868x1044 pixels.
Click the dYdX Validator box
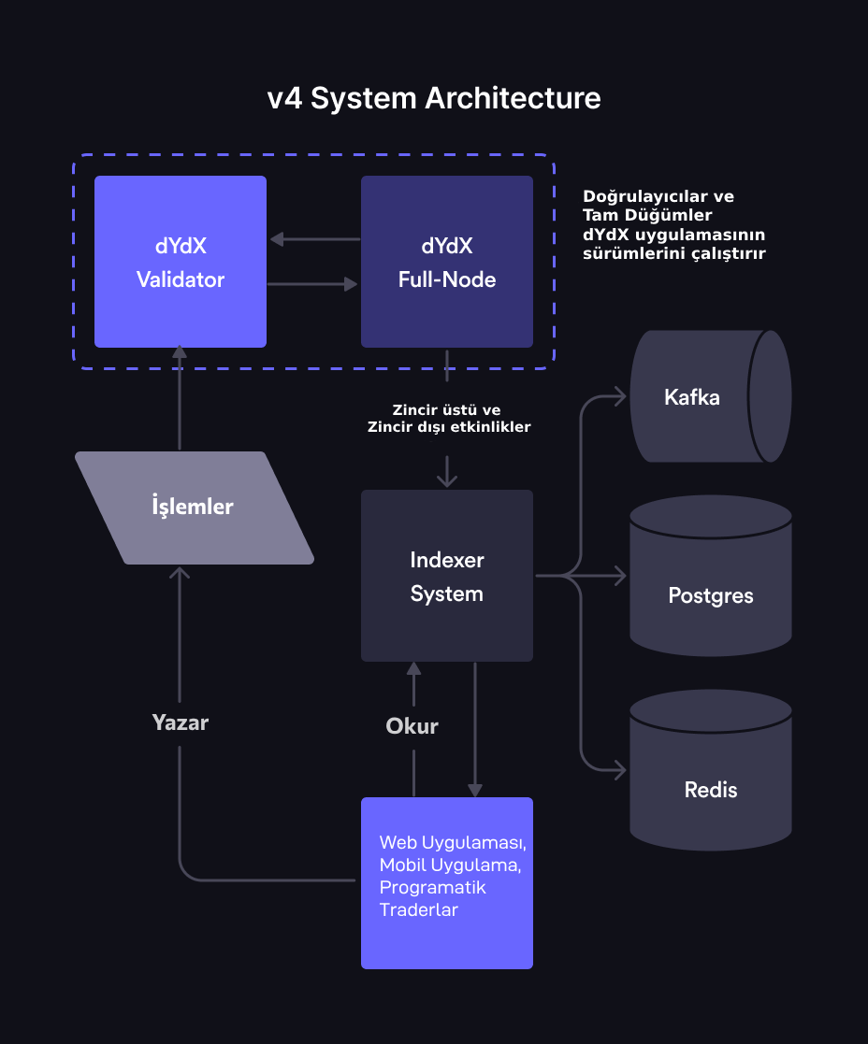tap(181, 262)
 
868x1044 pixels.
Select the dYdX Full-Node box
tap(447, 262)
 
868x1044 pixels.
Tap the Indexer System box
tap(447, 576)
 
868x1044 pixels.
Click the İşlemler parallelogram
tap(194, 508)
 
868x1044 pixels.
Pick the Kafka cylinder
tap(711, 396)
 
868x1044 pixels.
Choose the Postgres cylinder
tap(711, 576)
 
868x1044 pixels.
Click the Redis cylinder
tap(711, 770)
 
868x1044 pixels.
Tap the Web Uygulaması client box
tap(447, 883)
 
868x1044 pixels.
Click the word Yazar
tap(180, 722)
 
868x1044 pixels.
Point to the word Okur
tap(412, 725)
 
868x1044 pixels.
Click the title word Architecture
tap(513, 98)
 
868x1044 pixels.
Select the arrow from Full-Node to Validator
tap(315, 239)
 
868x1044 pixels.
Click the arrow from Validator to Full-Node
tap(311, 284)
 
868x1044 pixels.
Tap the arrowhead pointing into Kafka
tap(621, 397)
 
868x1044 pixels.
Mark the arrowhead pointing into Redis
tap(621, 770)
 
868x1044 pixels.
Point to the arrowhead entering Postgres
tap(621, 576)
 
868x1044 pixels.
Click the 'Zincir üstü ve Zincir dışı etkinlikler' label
tap(448, 418)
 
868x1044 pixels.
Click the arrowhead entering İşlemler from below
tap(180, 572)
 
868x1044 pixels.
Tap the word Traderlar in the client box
tap(418, 910)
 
